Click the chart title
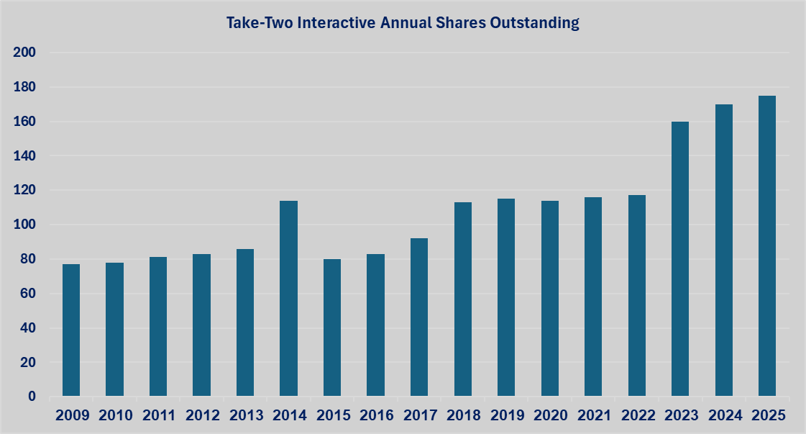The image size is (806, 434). pyautogui.click(x=403, y=23)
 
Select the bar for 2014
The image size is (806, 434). pyautogui.click(x=288, y=298)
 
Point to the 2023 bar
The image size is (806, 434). pyautogui.click(x=680, y=259)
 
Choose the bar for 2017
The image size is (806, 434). pyautogui.click(x=419, y=317)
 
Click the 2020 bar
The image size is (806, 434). pyautogui.click(x=549, y=298)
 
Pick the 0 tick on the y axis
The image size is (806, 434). pyautogui.click(x=32, y=397)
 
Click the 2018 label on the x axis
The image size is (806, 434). pyautogui.click(x=462, y=415)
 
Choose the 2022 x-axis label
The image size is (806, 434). pyautogui.click(x=636, y=415)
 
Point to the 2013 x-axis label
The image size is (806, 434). pyautogui.click(x=245, y=415)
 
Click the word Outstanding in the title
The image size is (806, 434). pyautogui.click(x=535, y=23)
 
